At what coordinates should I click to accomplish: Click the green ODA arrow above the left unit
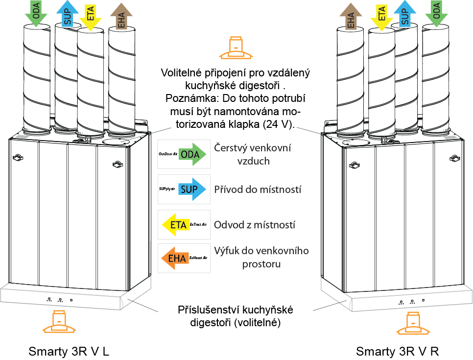click(36, 12)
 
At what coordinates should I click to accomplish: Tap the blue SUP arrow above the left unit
click(67, 13)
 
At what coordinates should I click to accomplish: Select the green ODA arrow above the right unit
click(436, 12)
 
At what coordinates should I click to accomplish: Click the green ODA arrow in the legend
click(192, 154)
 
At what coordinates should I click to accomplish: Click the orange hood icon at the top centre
click(236, 46)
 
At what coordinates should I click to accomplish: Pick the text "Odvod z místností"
click(255, 225)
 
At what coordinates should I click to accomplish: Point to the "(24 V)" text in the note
click(278, 124)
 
